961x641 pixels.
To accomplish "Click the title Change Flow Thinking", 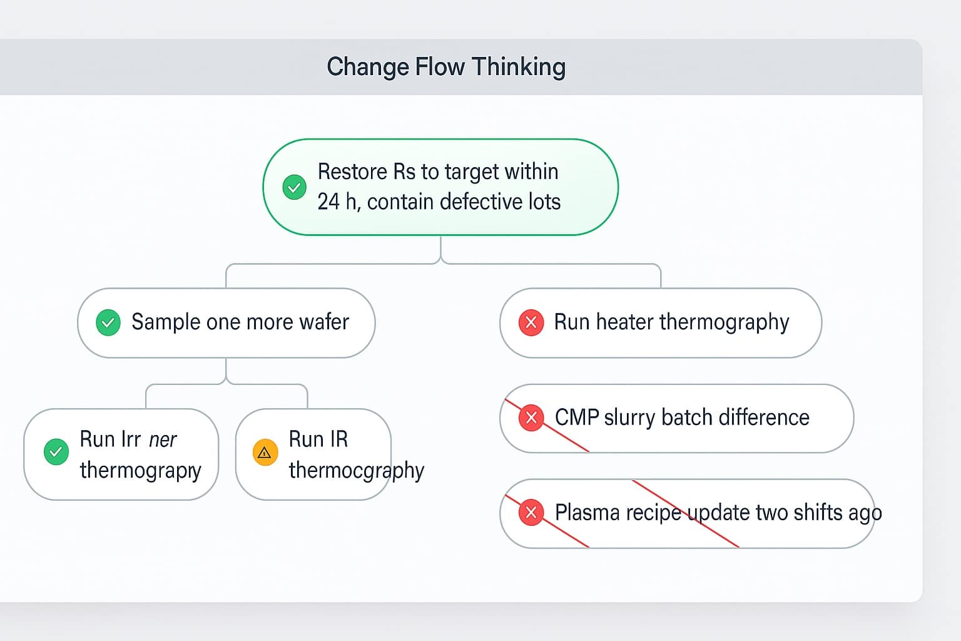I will [446, 67].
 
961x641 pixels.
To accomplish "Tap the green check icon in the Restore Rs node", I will [294, 187].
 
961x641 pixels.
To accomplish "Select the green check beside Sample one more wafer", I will [108, 322].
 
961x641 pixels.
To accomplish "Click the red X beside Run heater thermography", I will [531, 322].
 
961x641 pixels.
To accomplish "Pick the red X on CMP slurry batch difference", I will [531, 418].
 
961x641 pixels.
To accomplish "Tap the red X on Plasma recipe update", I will [531, 513].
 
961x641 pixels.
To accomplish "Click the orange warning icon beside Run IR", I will [265, 452].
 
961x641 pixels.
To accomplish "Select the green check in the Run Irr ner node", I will [56, 452].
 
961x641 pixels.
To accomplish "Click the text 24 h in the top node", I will [337, 202].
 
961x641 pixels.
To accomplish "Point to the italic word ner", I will [163, 439].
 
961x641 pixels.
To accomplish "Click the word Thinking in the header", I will [519, 67].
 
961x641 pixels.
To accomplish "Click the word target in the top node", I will [462, 172].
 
